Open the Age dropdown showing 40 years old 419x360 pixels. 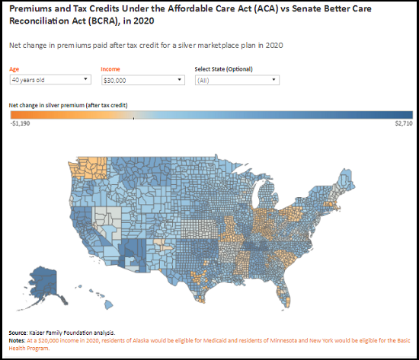point(50,79)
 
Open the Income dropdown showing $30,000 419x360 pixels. point(142,79)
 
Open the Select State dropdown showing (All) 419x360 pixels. point(237,79)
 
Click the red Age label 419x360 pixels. point(15,68)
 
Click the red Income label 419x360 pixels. point(110,68)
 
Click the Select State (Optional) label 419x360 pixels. point(224,68)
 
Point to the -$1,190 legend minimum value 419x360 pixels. point(21,123)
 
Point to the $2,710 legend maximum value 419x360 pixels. point(403,123)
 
